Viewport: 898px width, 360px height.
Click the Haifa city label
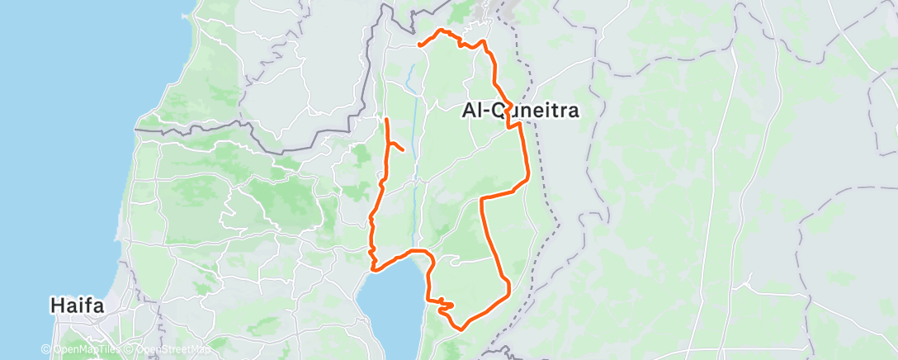(77, 306)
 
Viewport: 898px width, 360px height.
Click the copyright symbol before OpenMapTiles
(46, 349)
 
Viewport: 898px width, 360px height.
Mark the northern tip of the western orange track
(386, 121)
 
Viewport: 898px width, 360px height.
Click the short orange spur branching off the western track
(396, 147)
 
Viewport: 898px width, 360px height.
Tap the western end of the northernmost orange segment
(419, 44)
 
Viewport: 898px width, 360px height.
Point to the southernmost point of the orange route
(460, 328)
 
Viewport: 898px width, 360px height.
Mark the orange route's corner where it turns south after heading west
(482, 198)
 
